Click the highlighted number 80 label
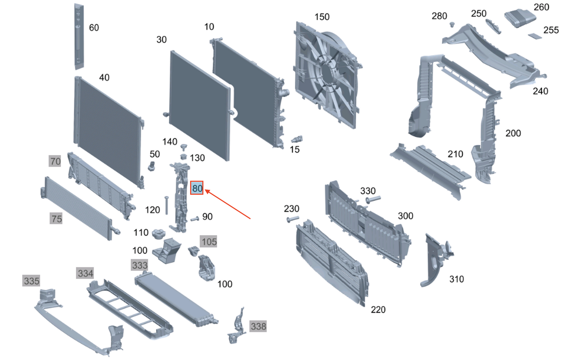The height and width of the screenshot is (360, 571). click(197, 188)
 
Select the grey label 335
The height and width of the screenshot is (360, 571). click(32, 281)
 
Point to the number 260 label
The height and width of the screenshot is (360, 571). click(541, 7)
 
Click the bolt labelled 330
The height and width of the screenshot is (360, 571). click(372, 200)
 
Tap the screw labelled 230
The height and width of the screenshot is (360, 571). click(293, 219)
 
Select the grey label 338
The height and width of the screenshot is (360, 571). click(258, 326)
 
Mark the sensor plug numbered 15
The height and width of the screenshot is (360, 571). click(297, 139)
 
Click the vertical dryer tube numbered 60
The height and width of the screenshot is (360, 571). click(79, 36)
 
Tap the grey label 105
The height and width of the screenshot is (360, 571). click(209, 241)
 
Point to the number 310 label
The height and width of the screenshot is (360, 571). click(456, 279)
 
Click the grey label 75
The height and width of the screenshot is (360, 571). click(57, 219)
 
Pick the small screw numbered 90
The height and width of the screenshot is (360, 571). click(195, 219)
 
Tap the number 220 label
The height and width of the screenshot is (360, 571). click(378, 309)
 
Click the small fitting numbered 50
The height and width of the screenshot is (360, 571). click(152, 166)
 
